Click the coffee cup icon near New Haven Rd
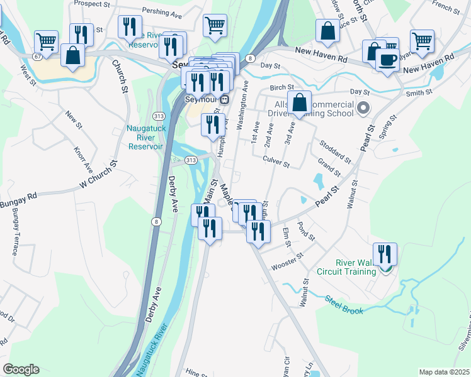[388, 61]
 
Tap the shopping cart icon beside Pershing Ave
[215, 26]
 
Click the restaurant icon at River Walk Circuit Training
[385, 254]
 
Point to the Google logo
[21, 369]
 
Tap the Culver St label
[276, 163]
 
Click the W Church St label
[100, 178]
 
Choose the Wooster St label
[287, 262]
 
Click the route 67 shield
[38, 57]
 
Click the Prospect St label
[92, 3]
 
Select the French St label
[446, 8]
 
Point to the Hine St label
[198, 371]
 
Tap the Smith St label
[419, 92]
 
